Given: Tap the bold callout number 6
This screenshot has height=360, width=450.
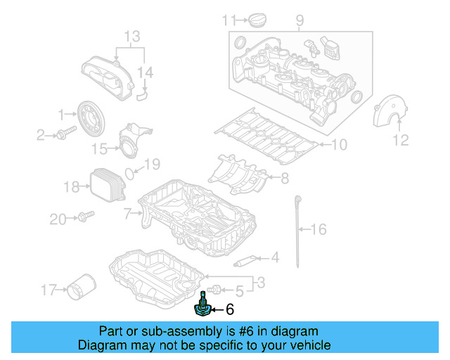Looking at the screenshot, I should tap(229, 309).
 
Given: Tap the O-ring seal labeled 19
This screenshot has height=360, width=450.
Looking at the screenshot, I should tap(131, 172).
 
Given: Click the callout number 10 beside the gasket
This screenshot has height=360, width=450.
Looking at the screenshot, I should tap(339, 146).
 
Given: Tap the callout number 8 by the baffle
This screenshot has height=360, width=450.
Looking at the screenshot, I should tap(284, 179).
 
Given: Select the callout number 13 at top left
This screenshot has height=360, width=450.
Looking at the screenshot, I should tap(132, 35).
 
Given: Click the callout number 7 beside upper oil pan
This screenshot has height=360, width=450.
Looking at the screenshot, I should tap(127, 212).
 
